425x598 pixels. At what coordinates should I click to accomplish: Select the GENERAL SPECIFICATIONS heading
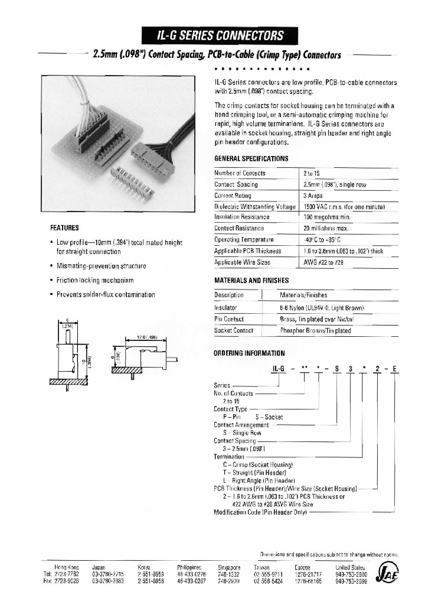click(x=251, y=158)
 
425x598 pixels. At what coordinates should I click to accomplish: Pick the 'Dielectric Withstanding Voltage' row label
click(x=254, y=206)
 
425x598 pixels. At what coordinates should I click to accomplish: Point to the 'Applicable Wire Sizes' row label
click(x=242, y=261)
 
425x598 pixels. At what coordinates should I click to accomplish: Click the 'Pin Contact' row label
click(x=229, y=318)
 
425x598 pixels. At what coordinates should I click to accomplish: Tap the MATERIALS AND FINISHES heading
click(x=251, y=280)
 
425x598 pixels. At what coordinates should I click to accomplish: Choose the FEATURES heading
click(x=65, y=227)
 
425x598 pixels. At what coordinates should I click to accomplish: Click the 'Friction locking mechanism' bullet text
click(x=95, y=280)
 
